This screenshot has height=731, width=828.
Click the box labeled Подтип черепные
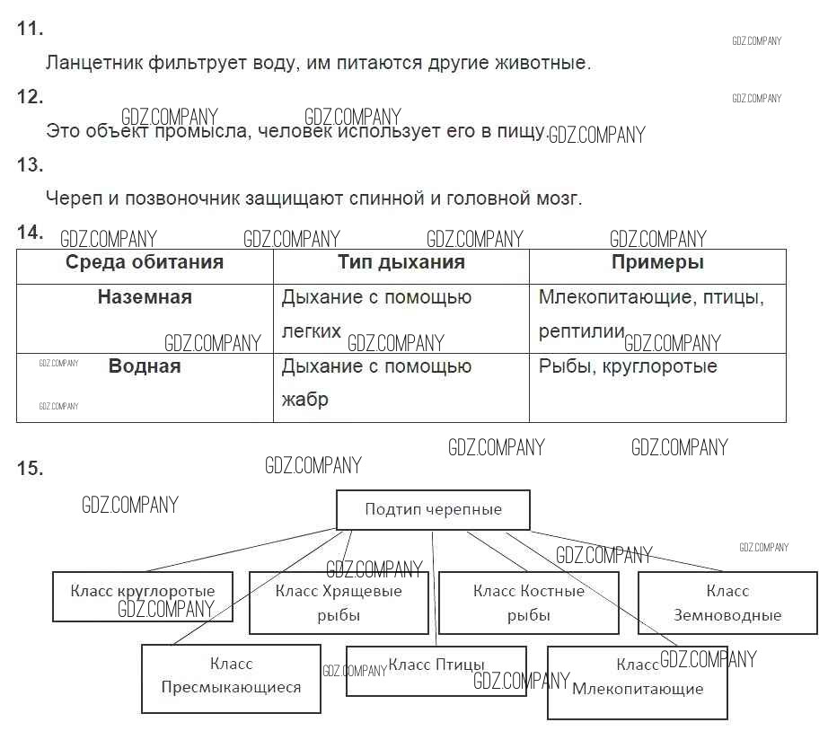pyautogui.click(x=433, y=509)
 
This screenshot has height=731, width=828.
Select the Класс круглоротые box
pyautogui.click(x=143, y=595)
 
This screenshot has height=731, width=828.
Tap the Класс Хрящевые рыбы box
pyautogui.click(x=339, y=603)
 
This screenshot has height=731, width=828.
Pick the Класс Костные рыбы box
pyautogui.click(x=528, y=603)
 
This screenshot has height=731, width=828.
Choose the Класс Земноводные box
pyautogui.click(x=727, y=603)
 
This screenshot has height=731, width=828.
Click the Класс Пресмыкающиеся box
pyautogui.click(x=231, y=678)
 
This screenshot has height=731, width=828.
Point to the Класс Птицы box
pyautogui.click(x=436, y=670)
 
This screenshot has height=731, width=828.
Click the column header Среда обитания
pyautogui.click(x=145, y=263)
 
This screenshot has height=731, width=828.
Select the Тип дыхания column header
pyautogui.click(x=401, y=263)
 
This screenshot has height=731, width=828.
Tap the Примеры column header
pyautogui.click(x=657, y=263)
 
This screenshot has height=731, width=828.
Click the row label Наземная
pyautogui.click(x=145, y=297)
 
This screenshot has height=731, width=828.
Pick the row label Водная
pyautogui.click(x=145, y=366)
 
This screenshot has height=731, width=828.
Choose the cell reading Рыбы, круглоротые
pyautogui.click(x=628, y=366)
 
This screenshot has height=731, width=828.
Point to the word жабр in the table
pyautogui.click(x=304, y=400)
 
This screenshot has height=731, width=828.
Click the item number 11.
pyautogui.click(x=30, y=29)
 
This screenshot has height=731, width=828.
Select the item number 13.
pyautogui.click(x=30, y=165)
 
